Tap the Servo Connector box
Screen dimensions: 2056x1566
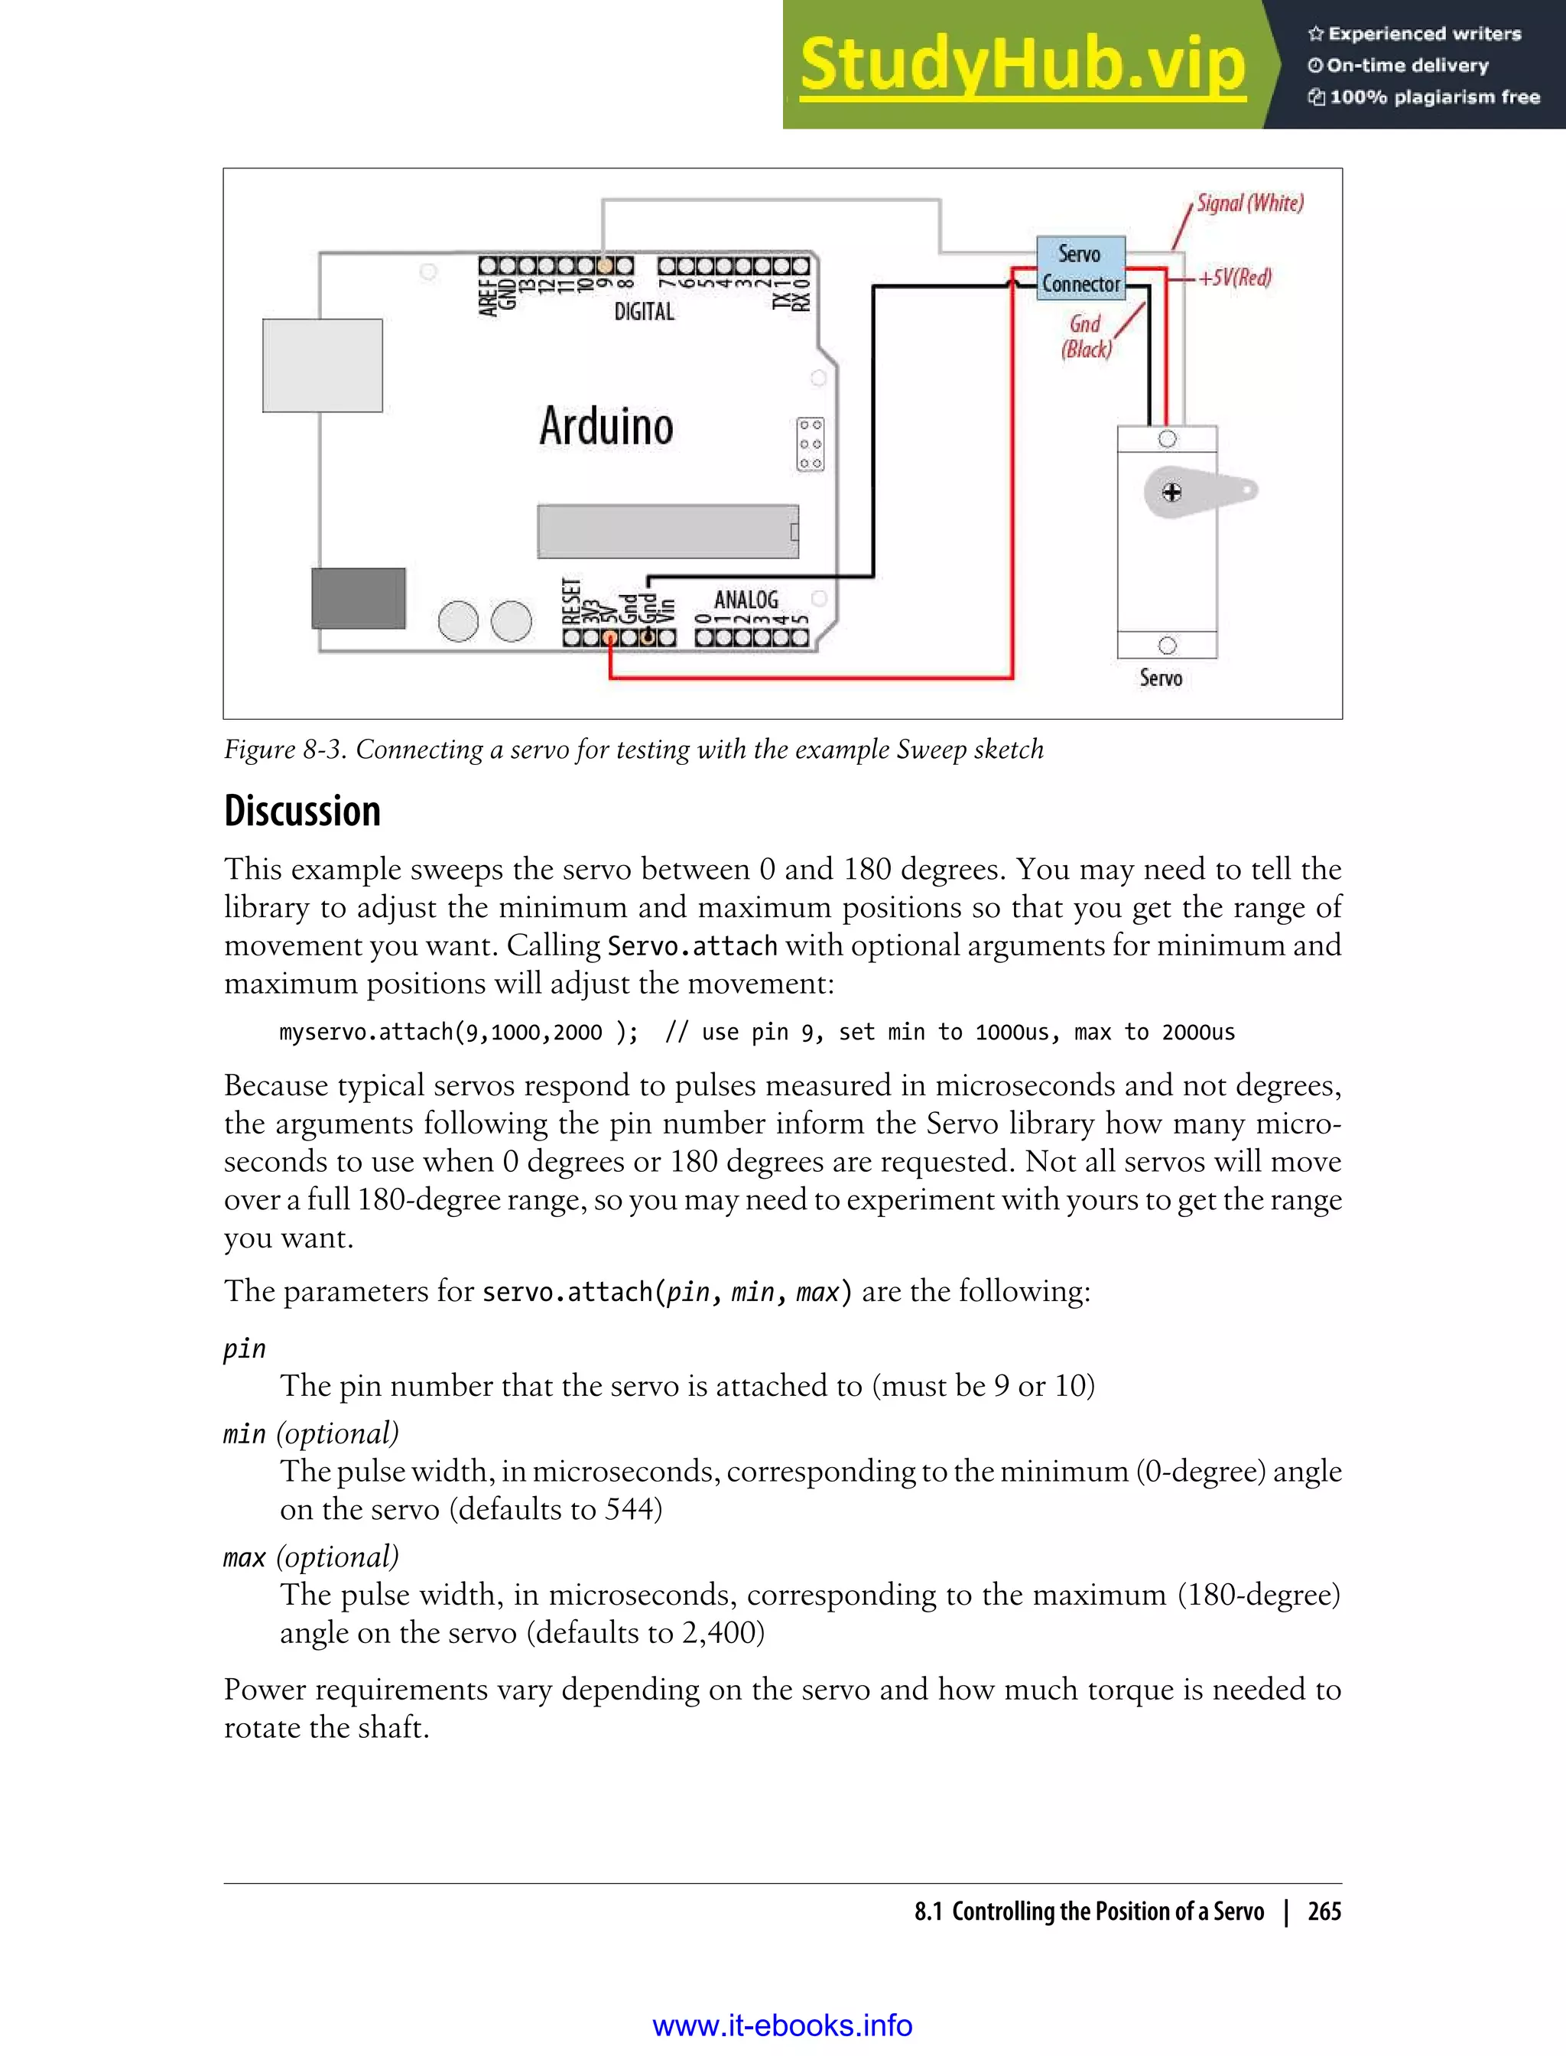point(1080,268)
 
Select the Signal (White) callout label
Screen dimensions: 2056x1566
point(1249,203)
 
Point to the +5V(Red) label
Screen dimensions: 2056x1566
point(1234,278)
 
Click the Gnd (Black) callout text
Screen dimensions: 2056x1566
point(1086,337)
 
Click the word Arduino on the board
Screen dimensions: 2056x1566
point(606,426)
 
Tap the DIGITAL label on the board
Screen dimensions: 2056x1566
point(644,311)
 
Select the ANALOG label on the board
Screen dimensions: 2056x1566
point(746,599)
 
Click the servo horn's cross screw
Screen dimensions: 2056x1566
point(1171,493)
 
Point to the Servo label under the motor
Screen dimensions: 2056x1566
point(1161,678)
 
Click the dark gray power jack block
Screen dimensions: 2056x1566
point(358,597)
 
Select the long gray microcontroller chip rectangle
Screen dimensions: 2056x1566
point(668,532)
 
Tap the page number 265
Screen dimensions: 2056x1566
point(1324,1911)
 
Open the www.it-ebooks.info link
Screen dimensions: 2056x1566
point(782,2025)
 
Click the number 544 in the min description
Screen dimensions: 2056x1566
point(633,1508)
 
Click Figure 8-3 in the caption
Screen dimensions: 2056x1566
point(284,750)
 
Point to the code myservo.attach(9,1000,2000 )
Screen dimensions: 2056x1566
point(459,1032)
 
